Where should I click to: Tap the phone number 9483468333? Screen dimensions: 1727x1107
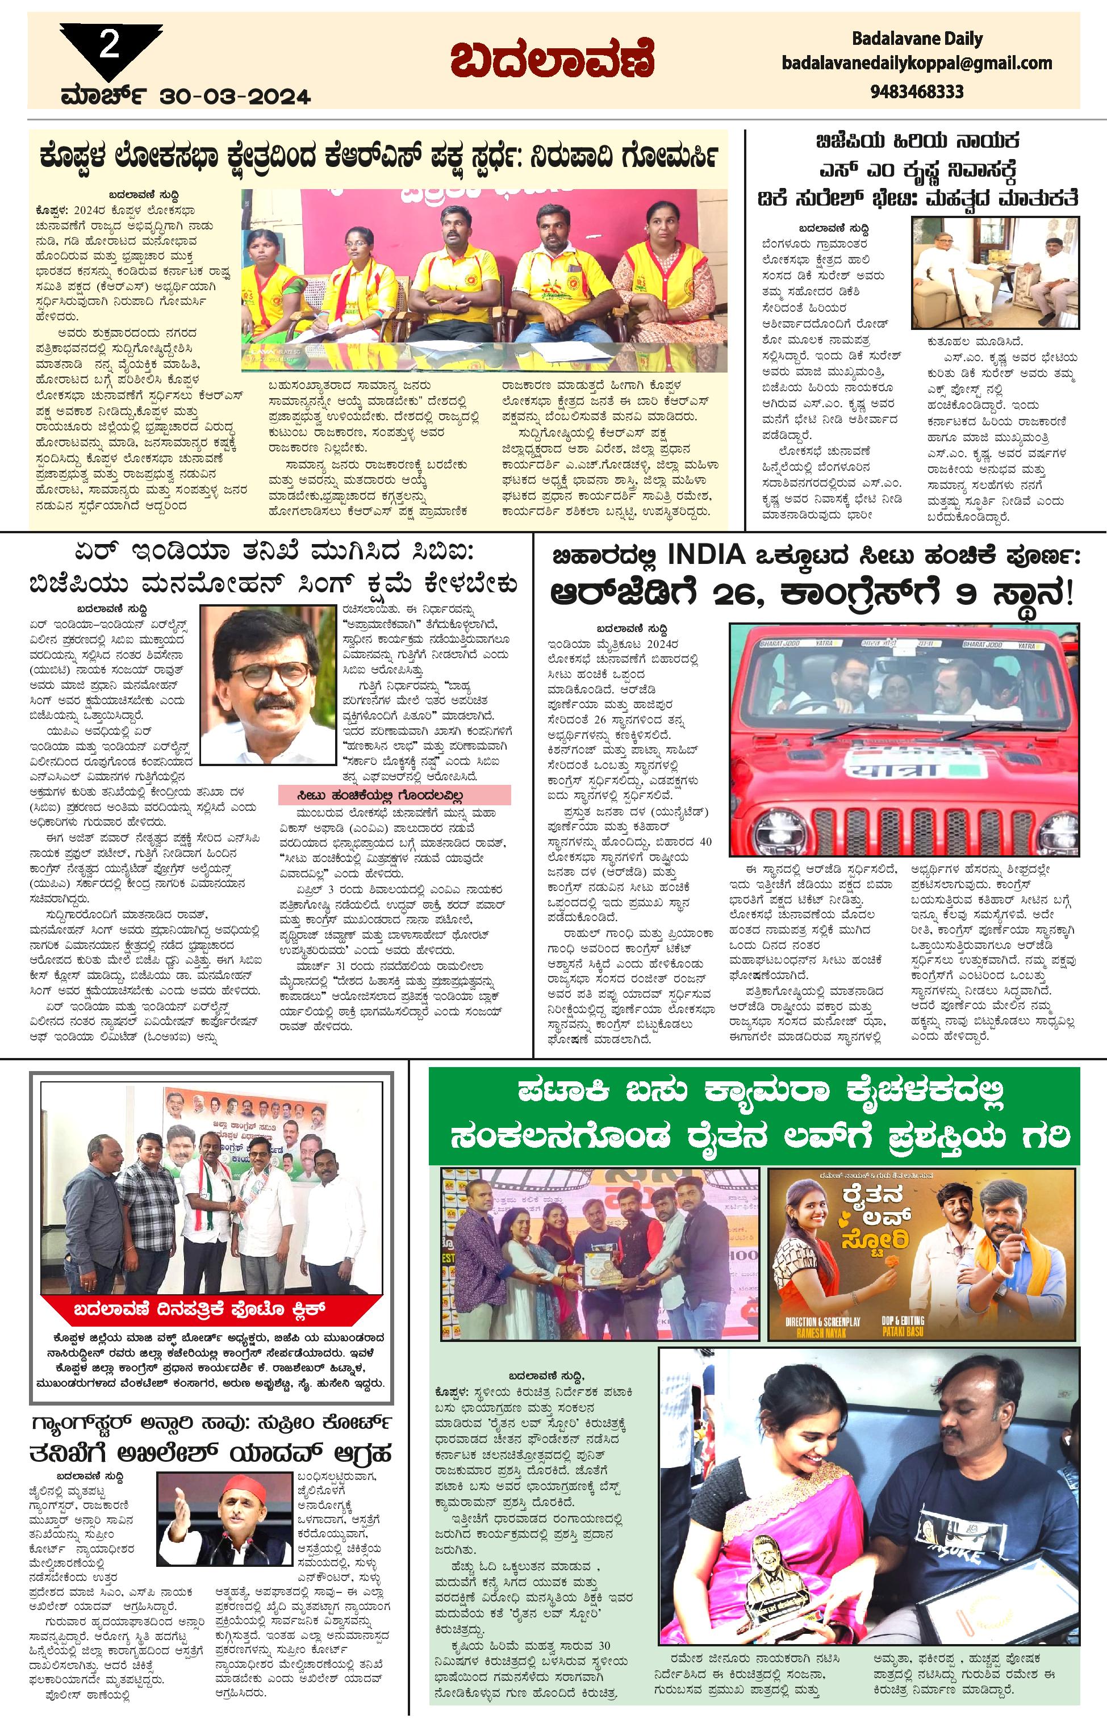pos(917,92)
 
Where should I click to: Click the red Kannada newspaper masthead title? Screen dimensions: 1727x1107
pos(552,62)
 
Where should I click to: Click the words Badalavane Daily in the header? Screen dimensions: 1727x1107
pos(917,38)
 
